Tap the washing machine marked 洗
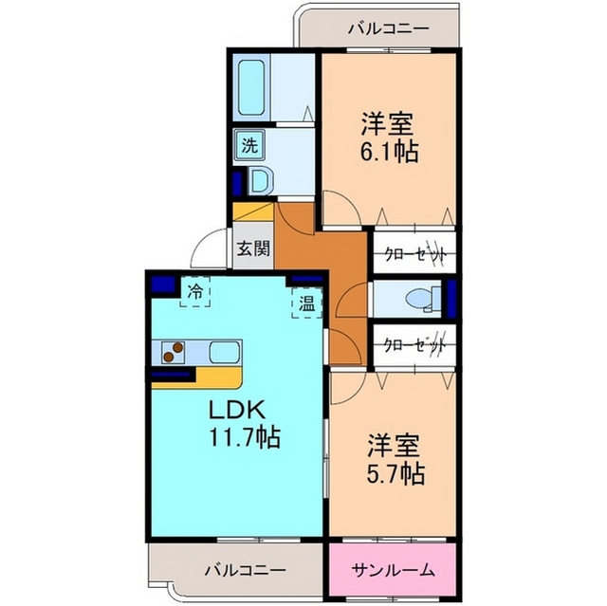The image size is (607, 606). (x=249, y=145)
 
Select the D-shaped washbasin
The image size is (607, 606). (x=261, y=180)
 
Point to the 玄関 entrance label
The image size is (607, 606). (x=253, y=248)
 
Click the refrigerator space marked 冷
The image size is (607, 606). (x=195, y=292)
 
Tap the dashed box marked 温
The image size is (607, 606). (x=306, y=303)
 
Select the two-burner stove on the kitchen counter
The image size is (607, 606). (x=173, y=352)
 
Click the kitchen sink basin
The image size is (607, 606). (x=225, y=352)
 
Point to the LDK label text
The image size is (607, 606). (x=237, y=410)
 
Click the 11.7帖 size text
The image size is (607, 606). (x=245, y=437)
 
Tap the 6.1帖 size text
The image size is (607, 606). (x=390, y=152)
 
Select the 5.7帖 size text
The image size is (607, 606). (x=395, y=473)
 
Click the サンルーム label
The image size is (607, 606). (x=393, y=570)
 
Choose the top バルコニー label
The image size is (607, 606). (x=389, y=29)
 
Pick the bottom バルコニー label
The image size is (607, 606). (x=246, y=570)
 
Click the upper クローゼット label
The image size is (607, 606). (x=415, y=254)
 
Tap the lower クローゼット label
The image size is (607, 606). (x=415, y=343)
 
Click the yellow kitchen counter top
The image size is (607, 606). (x=217, y=377)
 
